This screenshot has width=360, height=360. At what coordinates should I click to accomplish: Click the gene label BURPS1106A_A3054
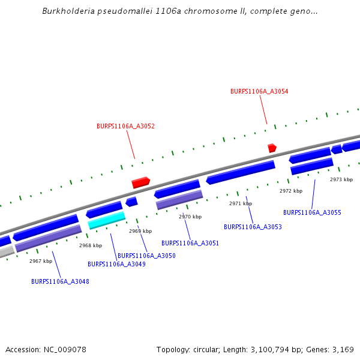(259, 92)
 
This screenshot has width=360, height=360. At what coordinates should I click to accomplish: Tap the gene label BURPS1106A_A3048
(60, 281)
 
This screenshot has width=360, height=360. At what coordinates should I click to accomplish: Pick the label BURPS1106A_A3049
(116, 264)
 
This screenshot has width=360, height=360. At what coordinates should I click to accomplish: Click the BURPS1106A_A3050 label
(146, 256)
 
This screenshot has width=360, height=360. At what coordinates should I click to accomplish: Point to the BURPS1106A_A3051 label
(190, 244)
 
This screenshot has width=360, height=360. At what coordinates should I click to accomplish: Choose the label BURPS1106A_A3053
(253, 227)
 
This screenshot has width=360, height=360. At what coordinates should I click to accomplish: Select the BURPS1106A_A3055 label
(312, 213)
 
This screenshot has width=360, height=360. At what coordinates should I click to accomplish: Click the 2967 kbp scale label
(41, 261)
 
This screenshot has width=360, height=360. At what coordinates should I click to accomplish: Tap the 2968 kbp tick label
(91, 245)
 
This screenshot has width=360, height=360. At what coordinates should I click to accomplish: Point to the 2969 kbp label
(140, 231)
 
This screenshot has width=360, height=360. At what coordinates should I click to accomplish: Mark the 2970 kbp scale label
(190, 217)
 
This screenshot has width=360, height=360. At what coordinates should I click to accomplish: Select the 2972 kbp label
(291, 191)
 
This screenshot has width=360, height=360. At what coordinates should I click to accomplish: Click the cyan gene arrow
(107, 220)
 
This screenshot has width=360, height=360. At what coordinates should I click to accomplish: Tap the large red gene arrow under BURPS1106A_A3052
(141, 182)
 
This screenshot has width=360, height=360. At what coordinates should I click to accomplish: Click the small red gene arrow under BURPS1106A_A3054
(272, 148)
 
